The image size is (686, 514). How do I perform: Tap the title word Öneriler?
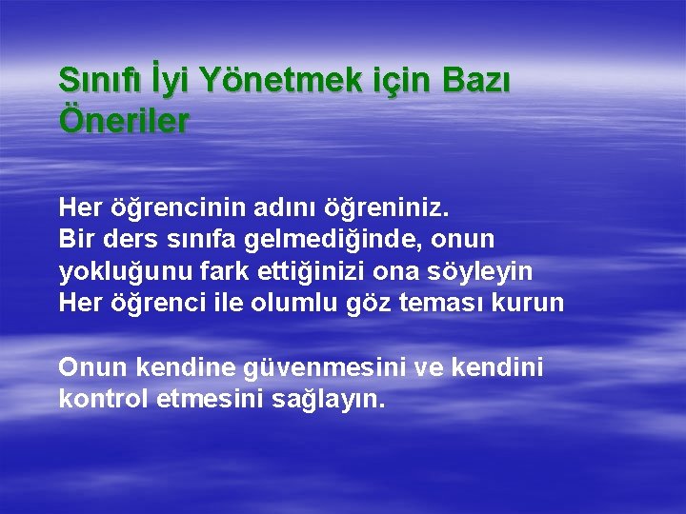tap(124, 122)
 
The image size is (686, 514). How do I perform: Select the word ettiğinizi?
tap(310, 272)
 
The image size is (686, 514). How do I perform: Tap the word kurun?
tap(535, 305)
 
